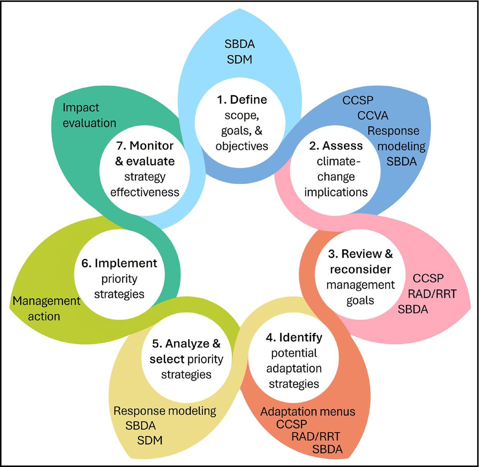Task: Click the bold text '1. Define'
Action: (x=242, y=100)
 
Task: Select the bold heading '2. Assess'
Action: (x=336, y=145)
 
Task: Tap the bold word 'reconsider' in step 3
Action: (x=360, y=269)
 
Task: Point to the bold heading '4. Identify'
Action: (x=294, y=337)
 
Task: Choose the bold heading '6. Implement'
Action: (x=119, y=263)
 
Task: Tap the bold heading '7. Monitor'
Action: (x=144, y=145)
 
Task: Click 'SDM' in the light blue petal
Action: (x=239, y=59)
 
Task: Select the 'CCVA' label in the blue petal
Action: (x=373, y=115)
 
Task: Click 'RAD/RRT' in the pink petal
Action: (x=432, y=294)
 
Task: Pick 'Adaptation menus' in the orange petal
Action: (x=308, y=411)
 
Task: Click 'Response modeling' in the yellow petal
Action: (x=165, y=411)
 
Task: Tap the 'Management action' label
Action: (x=46, y=308)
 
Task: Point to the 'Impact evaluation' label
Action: (x=89, y=115)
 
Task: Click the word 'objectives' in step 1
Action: (x=242, y=146)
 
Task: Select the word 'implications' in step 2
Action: (x=336, y=192)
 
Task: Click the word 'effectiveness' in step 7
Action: (x=144, y=192)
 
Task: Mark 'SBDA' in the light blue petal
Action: (x=240, y=44)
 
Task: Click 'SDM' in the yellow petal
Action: (x=149, y=440)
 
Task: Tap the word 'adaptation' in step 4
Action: (x=294, y=368)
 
